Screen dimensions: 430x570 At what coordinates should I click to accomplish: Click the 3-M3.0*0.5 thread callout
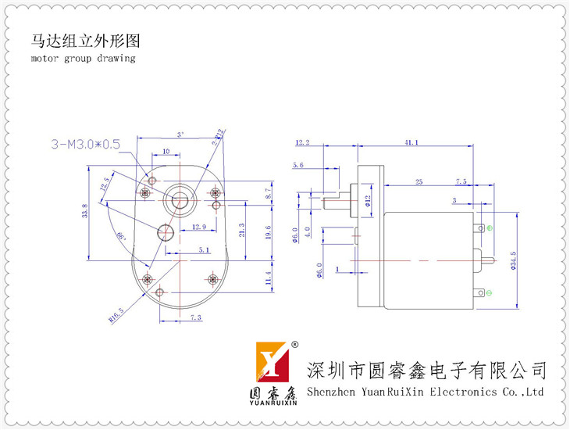click(85, 144)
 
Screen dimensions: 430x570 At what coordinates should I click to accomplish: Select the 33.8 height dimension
click(84, 213)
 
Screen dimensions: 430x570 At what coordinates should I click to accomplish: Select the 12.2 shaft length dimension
click(303, 142)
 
